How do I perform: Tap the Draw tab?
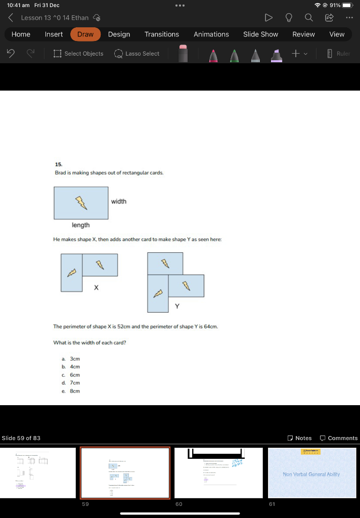pos(85,34)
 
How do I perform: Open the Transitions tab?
pos(161,34)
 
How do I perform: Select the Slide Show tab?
pos(260,34)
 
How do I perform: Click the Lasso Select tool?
pos(137,54)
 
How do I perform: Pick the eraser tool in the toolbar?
pos(183,54)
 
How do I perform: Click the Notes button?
pos(299,438)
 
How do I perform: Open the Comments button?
pos(338,438)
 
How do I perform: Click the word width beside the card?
pos(119,201)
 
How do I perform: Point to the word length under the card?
pos(80,225)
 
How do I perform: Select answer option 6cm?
pos(75,375)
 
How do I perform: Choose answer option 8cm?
pos(75,391)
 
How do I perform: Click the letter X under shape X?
pos(96,287)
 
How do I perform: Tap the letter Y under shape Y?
pos(177,306)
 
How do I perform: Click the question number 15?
pos(59,164)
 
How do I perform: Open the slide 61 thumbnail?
pos(312,472)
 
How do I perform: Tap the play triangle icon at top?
pos(268,18)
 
